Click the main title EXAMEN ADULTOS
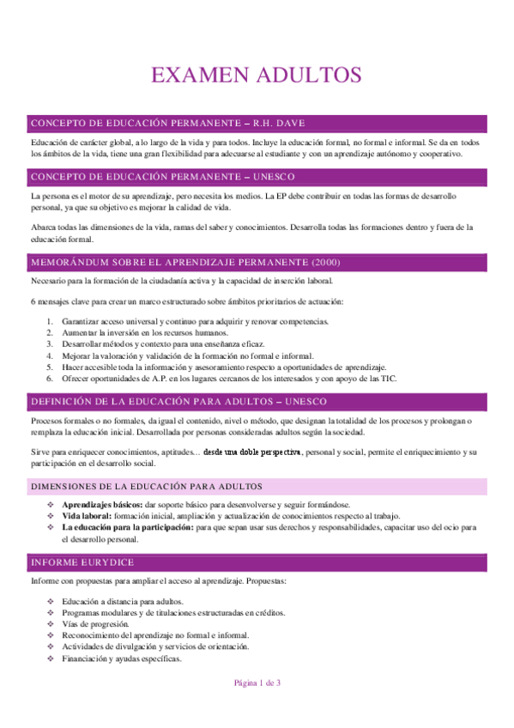[x=256, y=76]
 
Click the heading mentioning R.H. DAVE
[x=166, y=124]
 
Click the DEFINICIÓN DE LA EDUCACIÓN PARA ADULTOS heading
[x=178, y=402]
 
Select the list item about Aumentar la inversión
[x=144, y=332]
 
